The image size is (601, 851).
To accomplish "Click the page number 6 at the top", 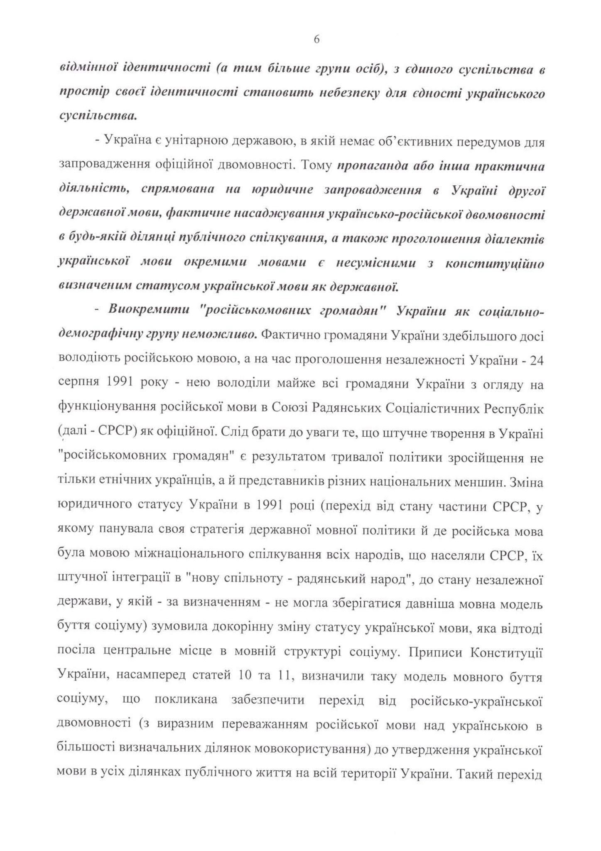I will [x=316, y=39].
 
